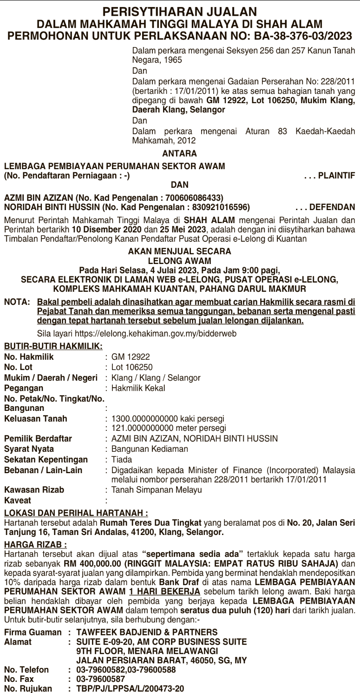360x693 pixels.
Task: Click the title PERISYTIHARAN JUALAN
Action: [180, 12]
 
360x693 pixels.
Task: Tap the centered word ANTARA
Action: [180, 152]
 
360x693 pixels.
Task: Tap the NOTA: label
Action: [17, 302]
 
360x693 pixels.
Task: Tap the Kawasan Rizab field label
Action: [34, 490]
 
